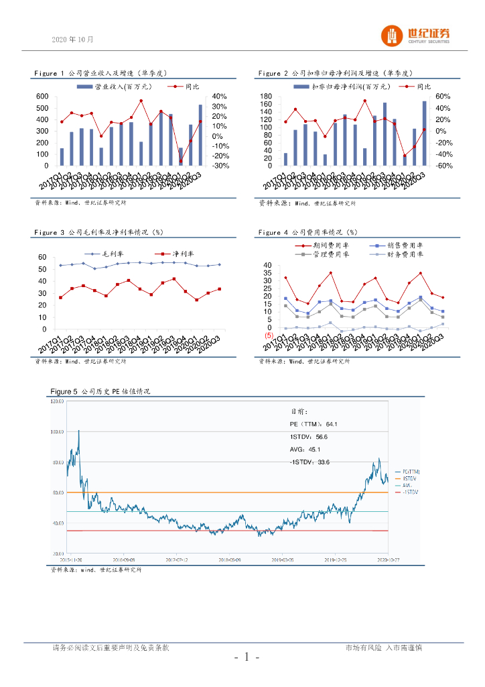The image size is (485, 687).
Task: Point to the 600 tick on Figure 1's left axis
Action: click(42, 97)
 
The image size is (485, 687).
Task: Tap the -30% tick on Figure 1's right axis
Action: click(221, 166)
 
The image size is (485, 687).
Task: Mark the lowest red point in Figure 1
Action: click(181, 161)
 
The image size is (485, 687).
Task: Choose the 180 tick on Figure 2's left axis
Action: click(266, 97)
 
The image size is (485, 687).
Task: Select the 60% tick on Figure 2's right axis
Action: click(443, 97)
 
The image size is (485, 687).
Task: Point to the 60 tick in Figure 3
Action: click(42, 258)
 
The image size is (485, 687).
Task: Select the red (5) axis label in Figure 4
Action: click(269, 335)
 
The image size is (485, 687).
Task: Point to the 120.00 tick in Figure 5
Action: click(57, 402)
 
